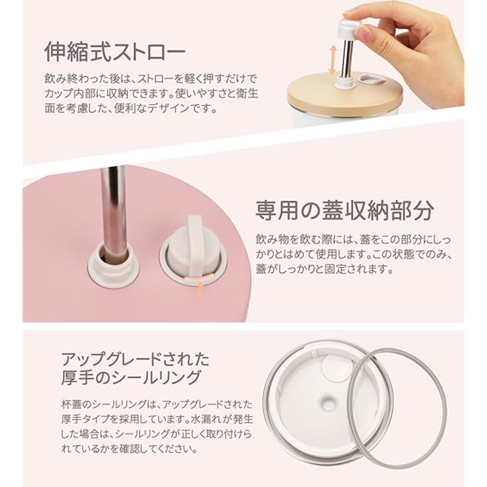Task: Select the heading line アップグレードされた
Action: pos(135,360)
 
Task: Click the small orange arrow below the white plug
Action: pos(200,291)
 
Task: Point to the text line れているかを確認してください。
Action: pos(129,449)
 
